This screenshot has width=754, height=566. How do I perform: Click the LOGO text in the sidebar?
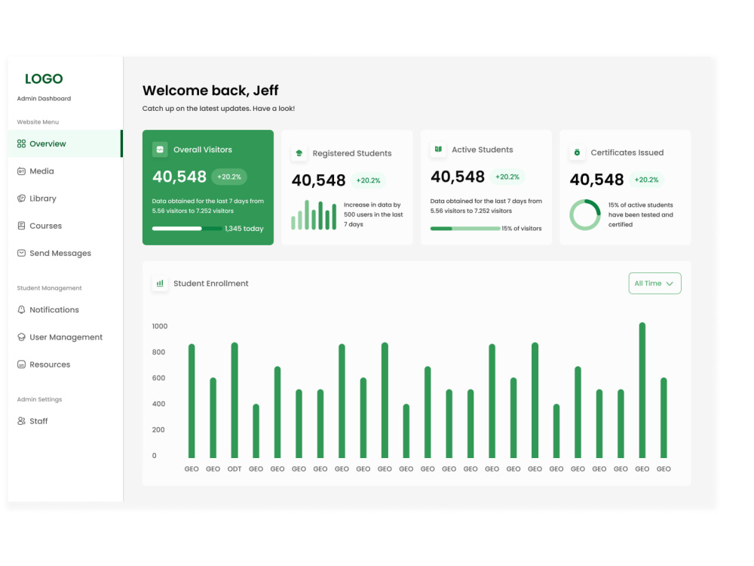point(44,79)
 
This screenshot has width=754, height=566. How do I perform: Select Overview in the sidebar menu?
point(48,144)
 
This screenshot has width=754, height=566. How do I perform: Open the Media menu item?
point(41,171)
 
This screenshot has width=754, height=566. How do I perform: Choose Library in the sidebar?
point(43,198)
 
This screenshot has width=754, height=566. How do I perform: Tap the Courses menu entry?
point(46,226)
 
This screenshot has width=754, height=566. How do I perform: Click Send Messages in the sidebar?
point(60,254)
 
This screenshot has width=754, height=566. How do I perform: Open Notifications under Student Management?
point(54,310)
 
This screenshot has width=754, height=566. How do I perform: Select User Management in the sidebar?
point(66,337)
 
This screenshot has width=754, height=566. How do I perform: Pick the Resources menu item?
point(50,365)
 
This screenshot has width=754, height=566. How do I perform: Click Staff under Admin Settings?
point(38,421)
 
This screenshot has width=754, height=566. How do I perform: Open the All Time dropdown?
point(654,284)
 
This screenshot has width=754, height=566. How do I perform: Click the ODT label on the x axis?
point(234,469)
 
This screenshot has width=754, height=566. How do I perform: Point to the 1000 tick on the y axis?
point(160,326)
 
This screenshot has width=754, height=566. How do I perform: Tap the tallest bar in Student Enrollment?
point(642,390)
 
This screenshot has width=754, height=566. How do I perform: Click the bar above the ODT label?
point(234,401)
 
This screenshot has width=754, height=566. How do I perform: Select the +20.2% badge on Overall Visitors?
point(229,177)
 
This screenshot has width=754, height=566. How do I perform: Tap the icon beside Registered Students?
point(299,153)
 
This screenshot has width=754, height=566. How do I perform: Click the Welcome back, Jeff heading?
point(210,91)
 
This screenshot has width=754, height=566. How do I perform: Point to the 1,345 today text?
point(244,229)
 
